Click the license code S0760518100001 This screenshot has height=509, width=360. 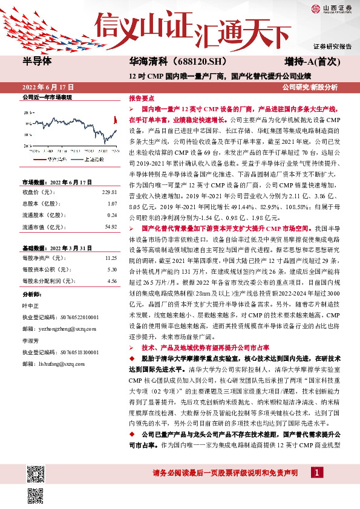[x=76, y=351]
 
